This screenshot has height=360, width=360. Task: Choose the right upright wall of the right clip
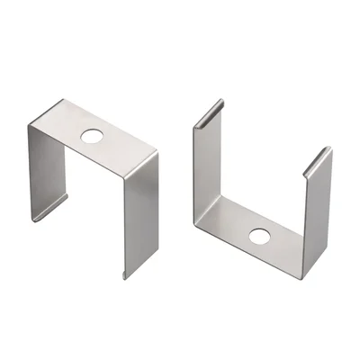coord(318,211)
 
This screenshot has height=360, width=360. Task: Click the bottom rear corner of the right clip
coord(200,214)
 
